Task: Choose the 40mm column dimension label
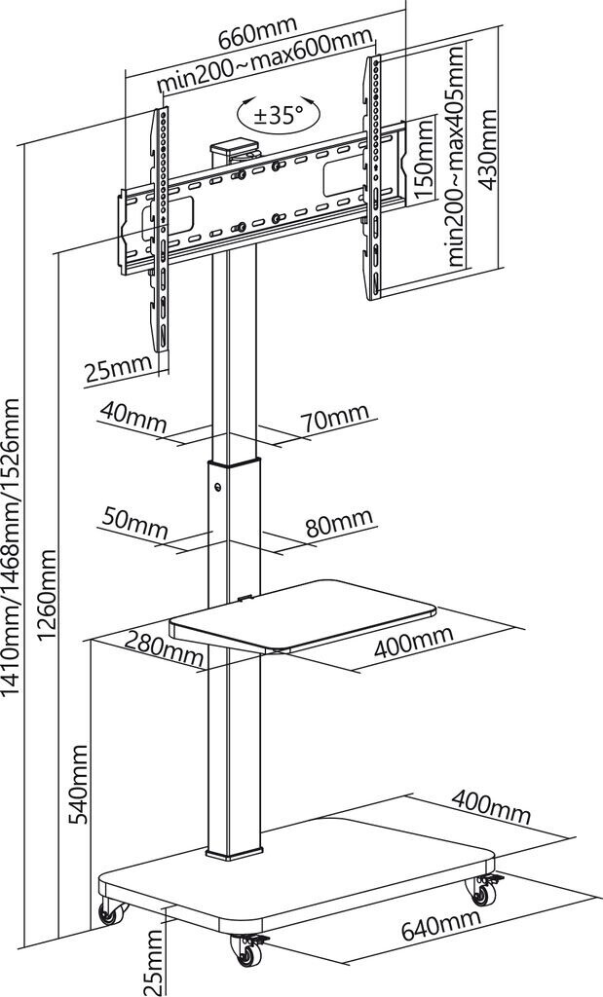point(132,418)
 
